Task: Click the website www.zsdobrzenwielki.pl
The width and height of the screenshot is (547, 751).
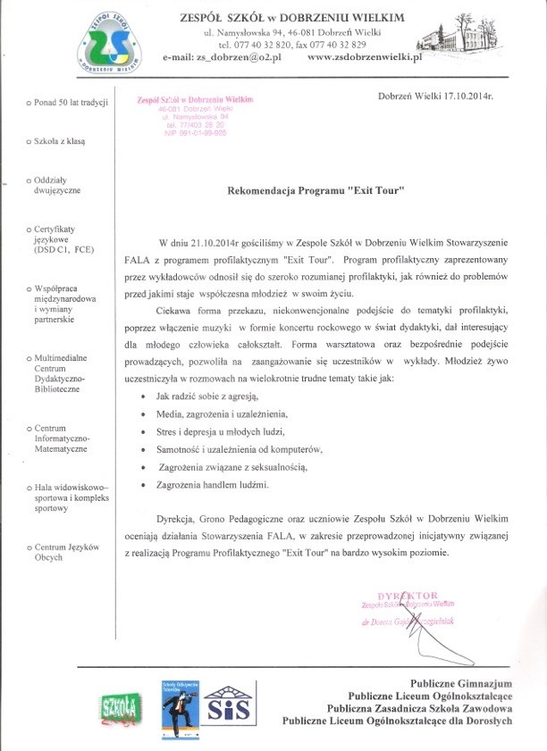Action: (364, 57)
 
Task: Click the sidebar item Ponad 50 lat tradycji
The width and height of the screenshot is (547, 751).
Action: (66, 103)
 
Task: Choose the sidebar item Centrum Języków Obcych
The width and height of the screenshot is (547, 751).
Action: (66, 551)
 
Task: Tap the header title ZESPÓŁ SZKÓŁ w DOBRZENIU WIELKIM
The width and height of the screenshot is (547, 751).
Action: (292, 17)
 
